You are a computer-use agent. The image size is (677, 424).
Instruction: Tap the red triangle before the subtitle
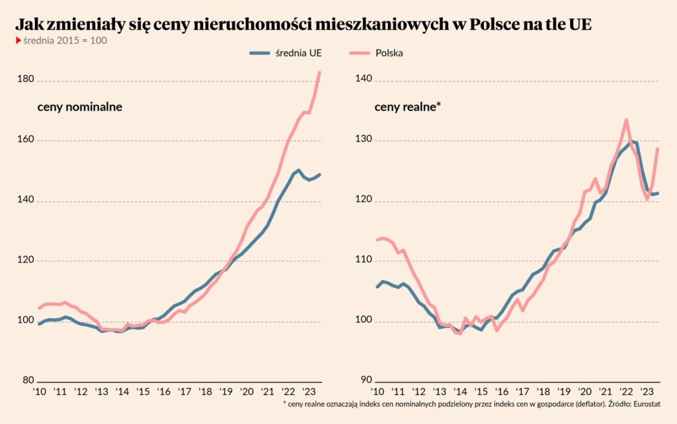coord(18,40)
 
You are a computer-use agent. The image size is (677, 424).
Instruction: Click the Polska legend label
coord(389,53)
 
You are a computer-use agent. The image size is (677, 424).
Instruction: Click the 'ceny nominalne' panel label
coord(79,107)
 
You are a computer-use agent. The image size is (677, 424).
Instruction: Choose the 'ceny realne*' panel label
coord(407,107)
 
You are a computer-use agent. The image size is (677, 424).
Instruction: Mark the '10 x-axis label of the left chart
coord(40,392)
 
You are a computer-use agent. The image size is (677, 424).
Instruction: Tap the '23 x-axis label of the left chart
coord(308,392)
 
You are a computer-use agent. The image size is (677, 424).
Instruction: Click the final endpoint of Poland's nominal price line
coord(320,72)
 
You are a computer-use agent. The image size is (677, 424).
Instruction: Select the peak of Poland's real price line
coord(626,120)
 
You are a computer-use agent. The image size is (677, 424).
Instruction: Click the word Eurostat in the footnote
coord(644,403)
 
